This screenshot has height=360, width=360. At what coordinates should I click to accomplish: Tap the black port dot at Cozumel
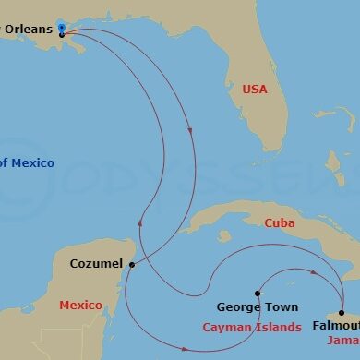(x=132, y=264)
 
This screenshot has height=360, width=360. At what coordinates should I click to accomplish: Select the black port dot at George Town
(x=258, y=293)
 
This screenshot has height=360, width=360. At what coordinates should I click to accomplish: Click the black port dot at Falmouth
(x=342, y=312)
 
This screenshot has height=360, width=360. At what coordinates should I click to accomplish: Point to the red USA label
(x=255, y=90)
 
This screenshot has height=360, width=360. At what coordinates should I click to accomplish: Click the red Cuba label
(x=279, y=222)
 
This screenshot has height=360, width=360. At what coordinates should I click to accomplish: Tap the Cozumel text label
(x=96, y=264)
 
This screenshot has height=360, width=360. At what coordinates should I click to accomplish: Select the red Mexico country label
(x=80, y=305)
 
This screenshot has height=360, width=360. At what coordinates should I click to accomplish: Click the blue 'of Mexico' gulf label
(x=27, y=163)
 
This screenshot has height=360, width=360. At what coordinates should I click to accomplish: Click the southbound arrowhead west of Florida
(x=190, y=129)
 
